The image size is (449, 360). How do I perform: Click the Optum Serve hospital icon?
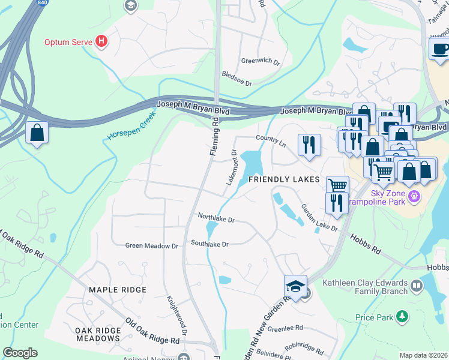coord(102,42)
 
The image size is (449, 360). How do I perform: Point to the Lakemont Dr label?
coord(232,167)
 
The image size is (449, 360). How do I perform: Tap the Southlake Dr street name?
coord(210,244)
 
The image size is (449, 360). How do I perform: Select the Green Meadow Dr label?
coord(152,245)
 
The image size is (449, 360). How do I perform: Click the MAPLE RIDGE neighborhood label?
coord(118,290)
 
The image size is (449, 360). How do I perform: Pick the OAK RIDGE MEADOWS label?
coord(97,334)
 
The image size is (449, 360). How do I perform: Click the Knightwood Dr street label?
coord(178,314)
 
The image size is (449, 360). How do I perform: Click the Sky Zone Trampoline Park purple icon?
coord(413,196)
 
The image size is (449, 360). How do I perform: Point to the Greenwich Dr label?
coord(261,61)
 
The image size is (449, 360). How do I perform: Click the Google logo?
coord(20,353)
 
